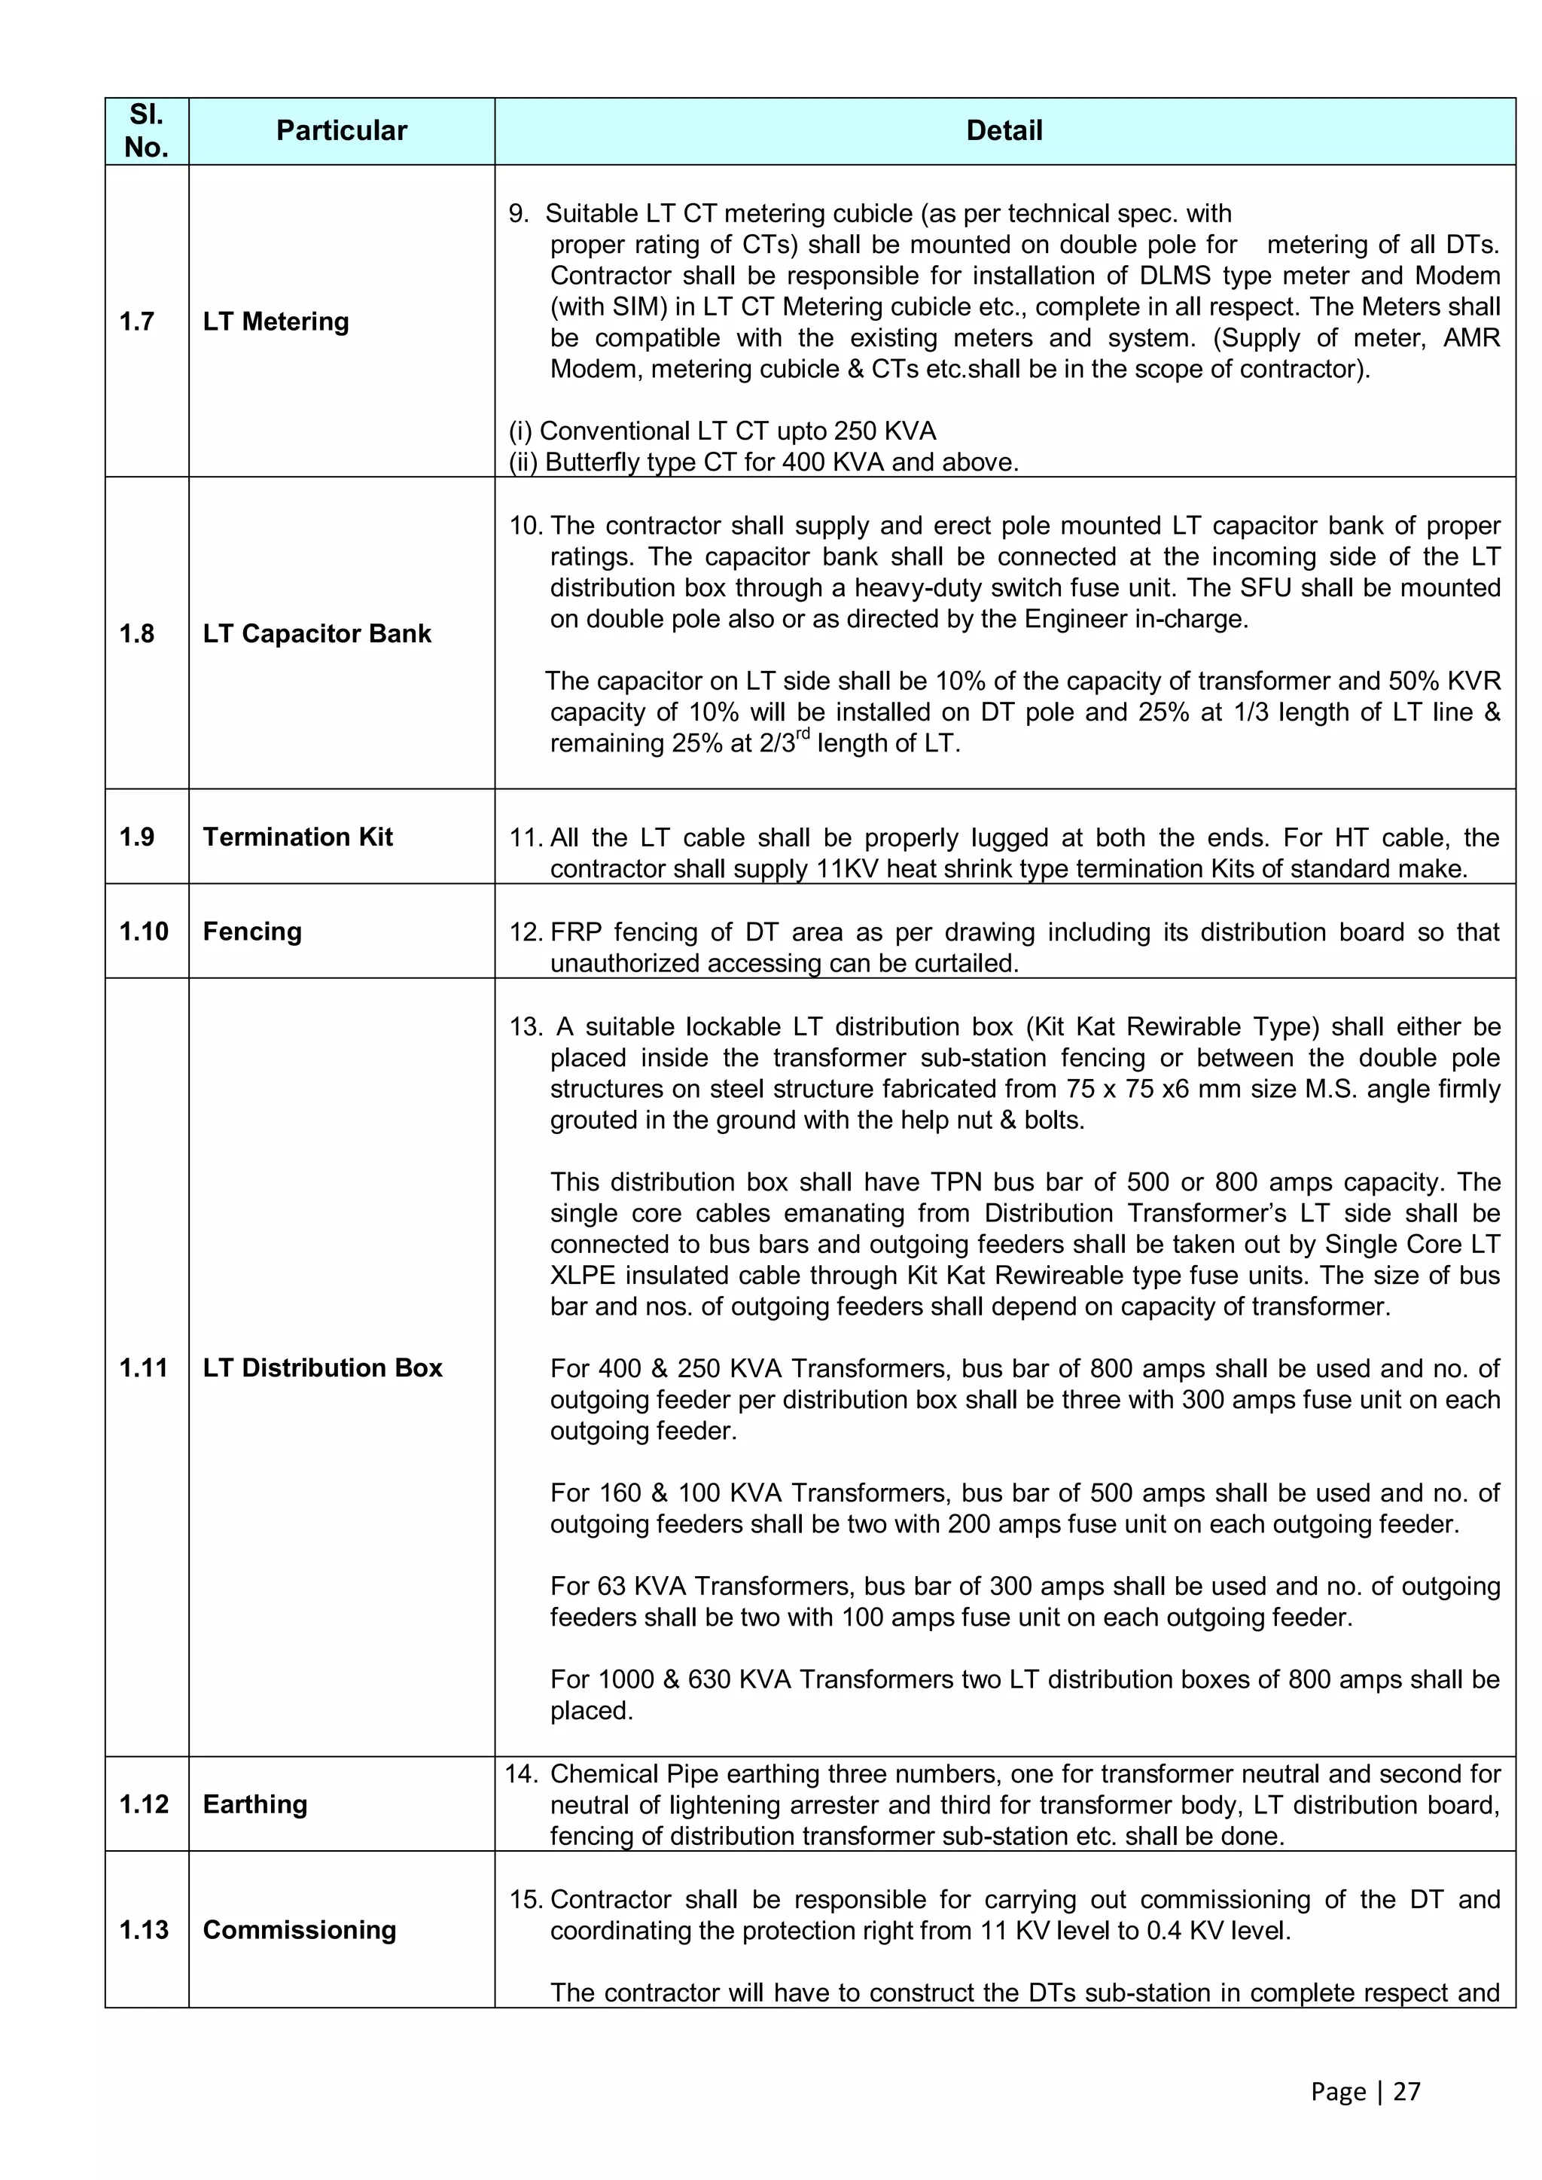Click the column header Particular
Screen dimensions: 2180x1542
point(341,130)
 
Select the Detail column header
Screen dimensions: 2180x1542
point(1004,130)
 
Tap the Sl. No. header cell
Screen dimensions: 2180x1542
point(146,131)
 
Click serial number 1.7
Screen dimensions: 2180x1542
point(137,321)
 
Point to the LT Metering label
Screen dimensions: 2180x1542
point(276,321)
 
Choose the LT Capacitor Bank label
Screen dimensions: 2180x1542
point(316,633)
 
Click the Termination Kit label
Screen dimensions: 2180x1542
point(297,837)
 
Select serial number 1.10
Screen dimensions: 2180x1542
point(143,931)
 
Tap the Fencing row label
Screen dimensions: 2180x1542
point(251,931)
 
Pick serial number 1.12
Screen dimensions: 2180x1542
point(143,1804)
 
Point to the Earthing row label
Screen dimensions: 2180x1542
point(254,1804)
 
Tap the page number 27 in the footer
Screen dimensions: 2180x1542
point(1406,2092)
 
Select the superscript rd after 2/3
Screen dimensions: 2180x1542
point(803,734)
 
